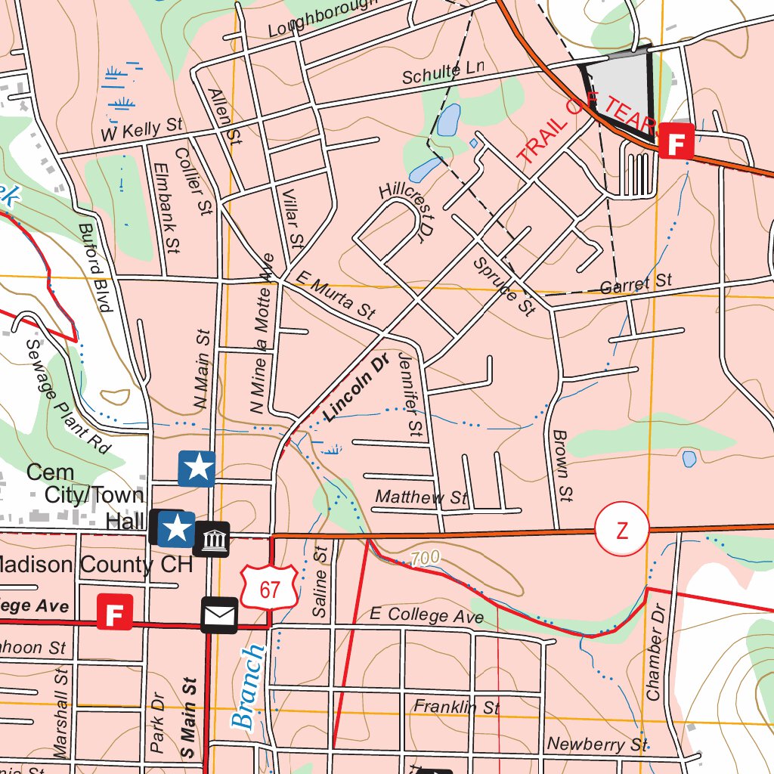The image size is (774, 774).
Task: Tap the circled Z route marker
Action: [621, 531]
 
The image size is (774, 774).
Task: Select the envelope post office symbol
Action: [219, 615]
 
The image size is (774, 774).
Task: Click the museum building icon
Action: [212, 540]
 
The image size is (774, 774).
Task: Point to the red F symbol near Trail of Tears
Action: [676, 141]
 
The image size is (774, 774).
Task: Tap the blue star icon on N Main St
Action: [197, 468]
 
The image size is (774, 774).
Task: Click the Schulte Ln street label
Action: [442, 73]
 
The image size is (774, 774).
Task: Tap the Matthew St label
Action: [421, 497]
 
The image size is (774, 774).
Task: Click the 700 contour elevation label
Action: [425, 559]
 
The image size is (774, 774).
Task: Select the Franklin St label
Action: [457, 707]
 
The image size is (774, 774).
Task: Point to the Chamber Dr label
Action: [655, 652]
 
